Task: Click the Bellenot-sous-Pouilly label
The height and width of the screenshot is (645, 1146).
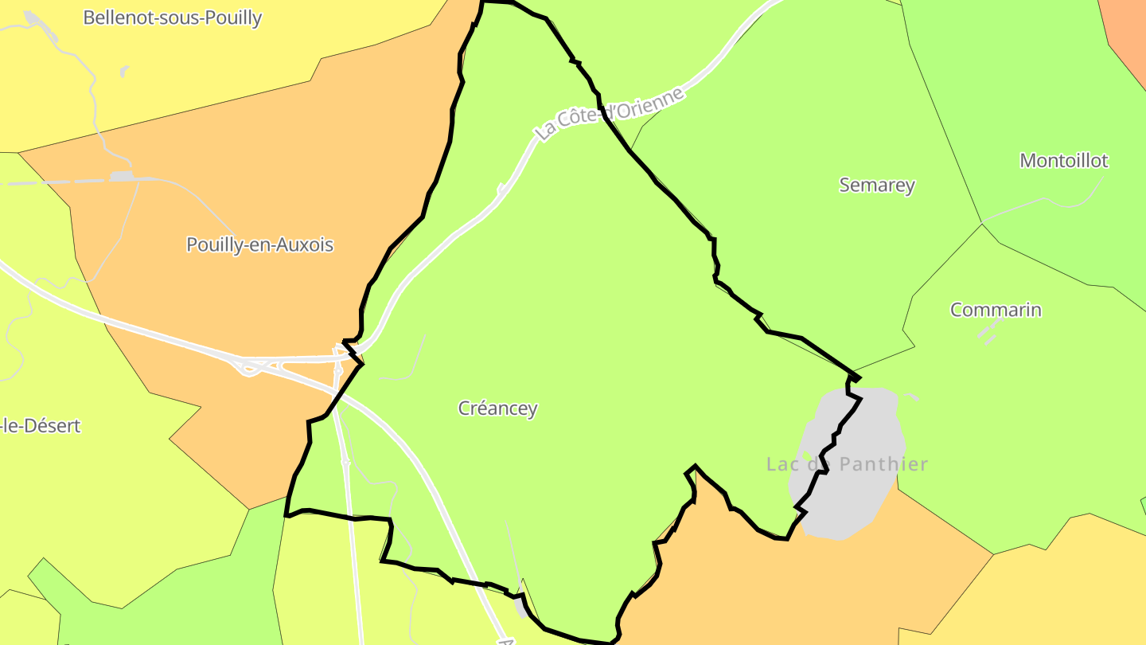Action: pyautogui.click(x=172, y=18)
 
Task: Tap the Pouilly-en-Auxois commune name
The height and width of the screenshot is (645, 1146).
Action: pyautogui.click(x=259, y=244)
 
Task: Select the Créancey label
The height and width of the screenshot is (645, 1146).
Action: pyautogui.click(x=498, y=408)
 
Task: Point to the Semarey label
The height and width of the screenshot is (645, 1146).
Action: pyautogui.click(x=877, y=185)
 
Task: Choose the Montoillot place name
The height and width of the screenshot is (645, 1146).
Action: pyautogui.click(x=1063, y=161)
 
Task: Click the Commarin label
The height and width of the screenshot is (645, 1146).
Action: pyautogui.click(x=996, y=310)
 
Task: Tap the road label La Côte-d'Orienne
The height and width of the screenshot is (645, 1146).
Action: pyautogui.click(x=610, y=115)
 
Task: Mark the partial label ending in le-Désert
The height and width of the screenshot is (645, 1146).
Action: pyautogui.click(x=40, y=426)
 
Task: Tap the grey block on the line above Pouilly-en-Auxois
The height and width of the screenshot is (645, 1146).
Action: pyautogui.click(x=123, y=176)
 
